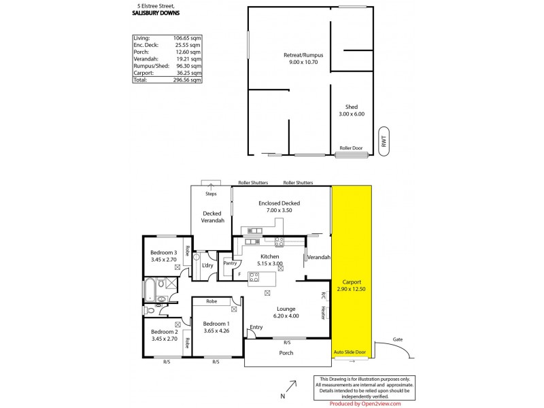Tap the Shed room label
[x=351, y=107]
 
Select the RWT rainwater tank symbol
[x=384, y=141]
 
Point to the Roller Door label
[x=351, y=148]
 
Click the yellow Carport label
[x=352, y=282]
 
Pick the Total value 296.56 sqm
[x=187, y=80]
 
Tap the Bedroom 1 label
[x=216, y=324]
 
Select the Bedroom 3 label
[x=164, y=253]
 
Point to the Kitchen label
[x=269, y=256]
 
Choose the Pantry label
[x=229, y=263]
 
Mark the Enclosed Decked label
[x=279, y=203]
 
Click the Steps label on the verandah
[x=211, y=194]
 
